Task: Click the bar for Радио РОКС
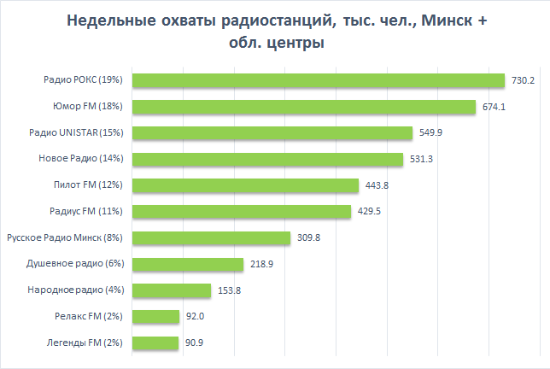(318, 80)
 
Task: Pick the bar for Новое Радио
(266, 160)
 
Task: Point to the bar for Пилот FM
(244, 185)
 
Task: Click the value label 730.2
(523, 80)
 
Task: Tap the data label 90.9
(195, 343)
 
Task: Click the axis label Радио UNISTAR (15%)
(76, 133)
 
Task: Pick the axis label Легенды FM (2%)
(84, 343)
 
